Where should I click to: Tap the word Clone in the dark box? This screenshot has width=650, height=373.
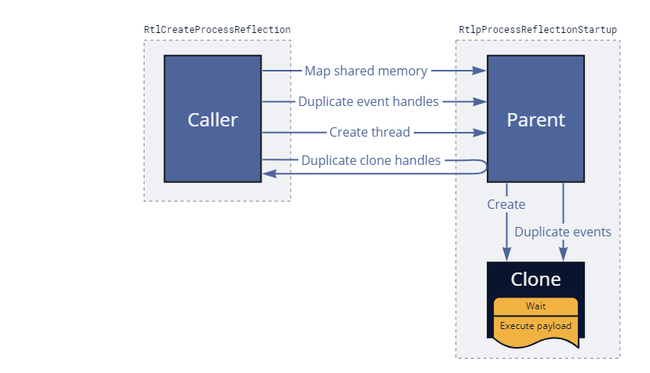coord(535,280)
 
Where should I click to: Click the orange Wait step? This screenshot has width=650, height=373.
coord(535,306)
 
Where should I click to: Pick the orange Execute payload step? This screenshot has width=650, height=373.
coord(535,326)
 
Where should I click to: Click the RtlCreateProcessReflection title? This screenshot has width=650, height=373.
coord(217,30)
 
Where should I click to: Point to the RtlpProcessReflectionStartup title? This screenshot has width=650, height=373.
coord(538,30)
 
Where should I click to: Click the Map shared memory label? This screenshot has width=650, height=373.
coord(366,71)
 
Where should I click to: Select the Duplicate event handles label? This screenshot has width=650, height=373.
coord(368,101)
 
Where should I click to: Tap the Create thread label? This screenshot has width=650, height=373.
coord(369,132)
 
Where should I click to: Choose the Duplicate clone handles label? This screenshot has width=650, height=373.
coord(371,161)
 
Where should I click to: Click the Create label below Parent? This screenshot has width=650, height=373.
coord(506,204)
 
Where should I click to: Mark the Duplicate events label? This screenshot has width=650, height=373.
coord(562,232)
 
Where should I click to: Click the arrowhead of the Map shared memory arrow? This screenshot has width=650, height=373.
coord(480,71)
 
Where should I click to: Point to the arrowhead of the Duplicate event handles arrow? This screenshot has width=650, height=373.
coord(480,101)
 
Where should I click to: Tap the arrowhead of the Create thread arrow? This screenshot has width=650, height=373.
coord(480,132)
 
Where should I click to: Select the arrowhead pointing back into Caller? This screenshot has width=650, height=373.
coord(268,174)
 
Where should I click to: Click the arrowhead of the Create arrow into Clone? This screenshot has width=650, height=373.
coord(506,254)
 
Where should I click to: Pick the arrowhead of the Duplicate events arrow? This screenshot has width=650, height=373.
coord(564,254)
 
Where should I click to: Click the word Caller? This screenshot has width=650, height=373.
coord(212,120)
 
